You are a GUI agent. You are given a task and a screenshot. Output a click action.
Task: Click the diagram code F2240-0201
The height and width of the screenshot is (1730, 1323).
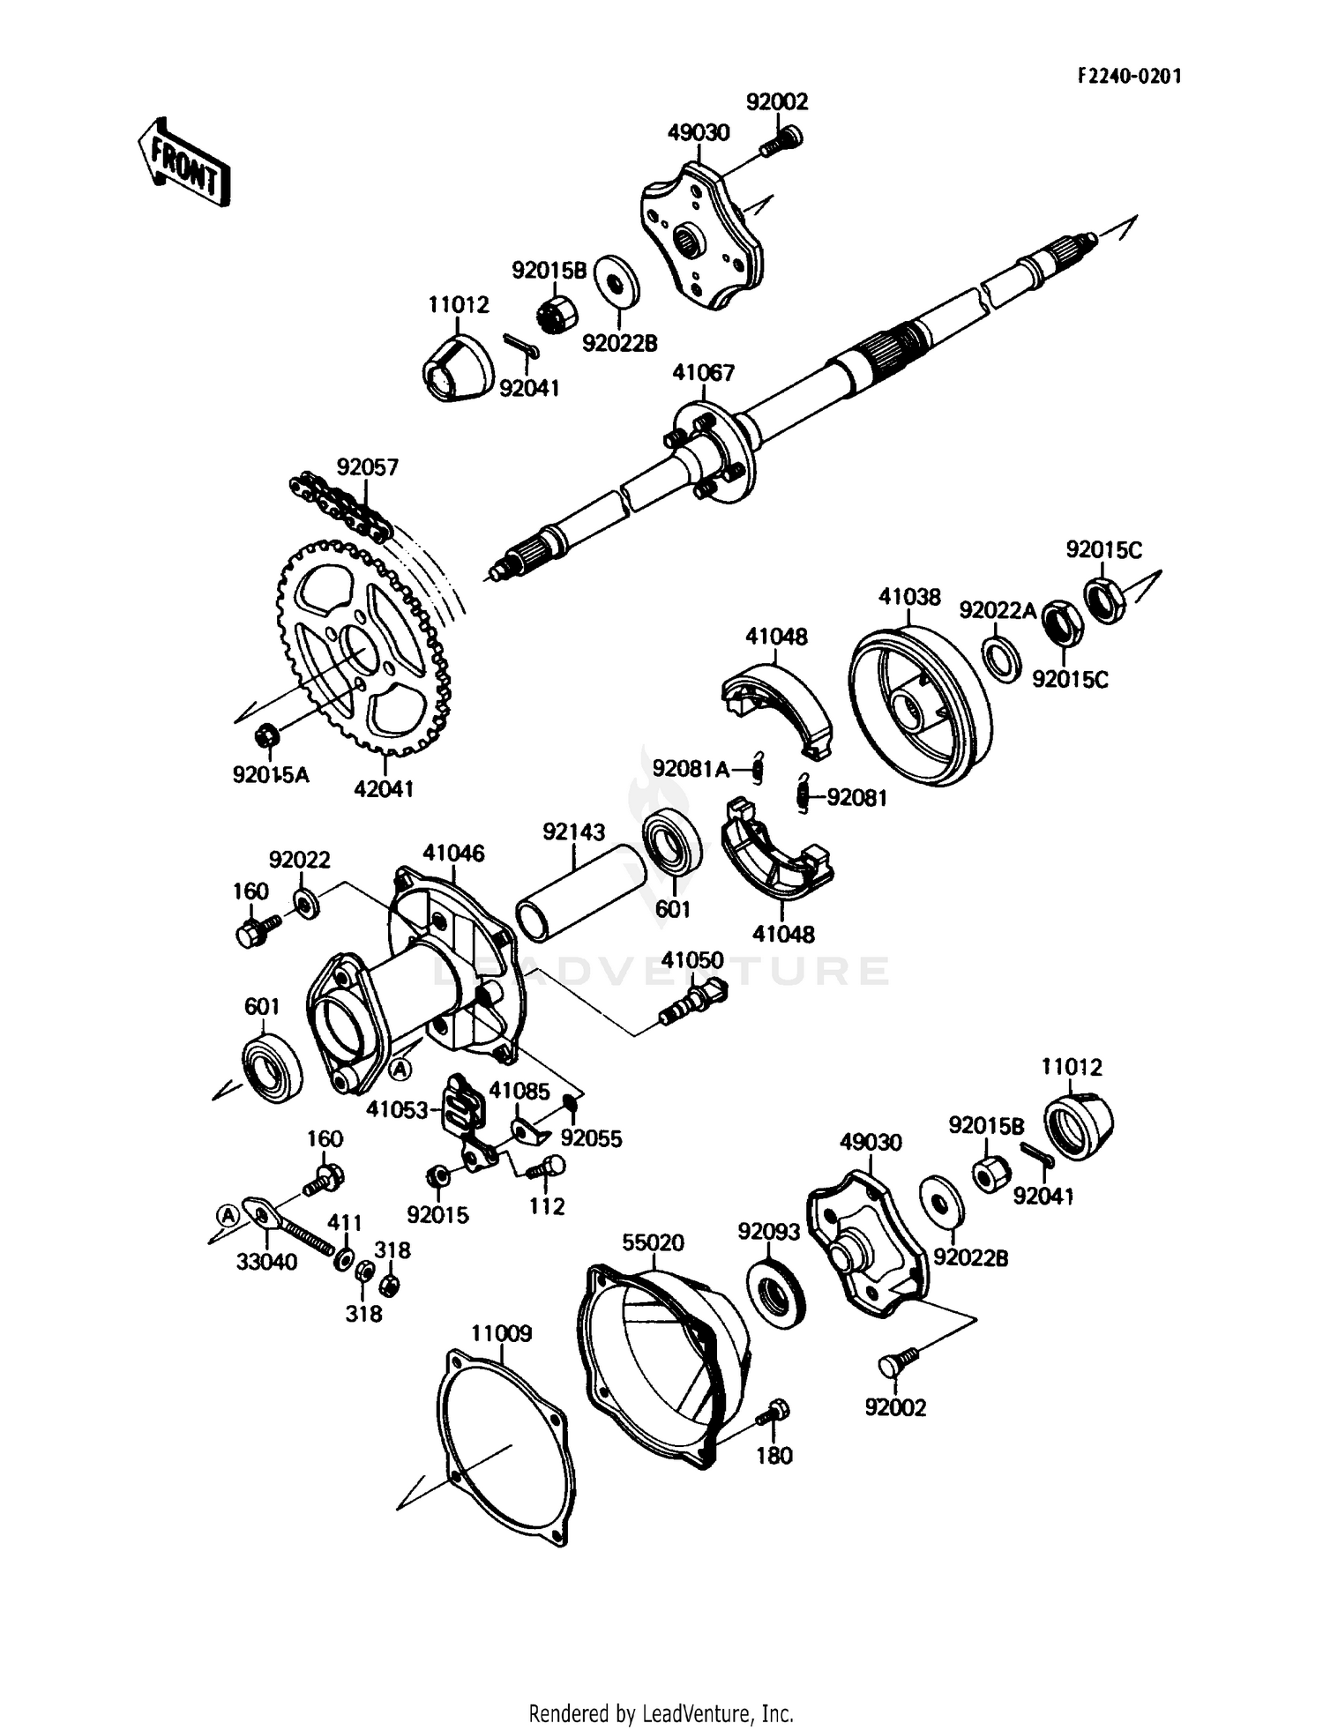click(x=1129, y=76)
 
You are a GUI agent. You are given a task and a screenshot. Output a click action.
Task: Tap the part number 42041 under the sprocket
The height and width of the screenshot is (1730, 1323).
click(x=384, y=789)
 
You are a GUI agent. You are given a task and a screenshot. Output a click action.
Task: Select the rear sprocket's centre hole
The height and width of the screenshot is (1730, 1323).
click(x=361, y=651)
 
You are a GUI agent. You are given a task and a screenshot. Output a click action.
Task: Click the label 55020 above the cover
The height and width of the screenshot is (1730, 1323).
click(x=653, y=1242)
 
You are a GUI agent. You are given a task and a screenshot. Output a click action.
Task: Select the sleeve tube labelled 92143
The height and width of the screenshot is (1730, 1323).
click(x=581, y=891)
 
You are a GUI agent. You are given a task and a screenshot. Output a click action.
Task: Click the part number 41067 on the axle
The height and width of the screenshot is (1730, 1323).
click(x=703, y=373)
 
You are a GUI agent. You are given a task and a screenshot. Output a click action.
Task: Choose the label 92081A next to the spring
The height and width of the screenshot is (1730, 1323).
click(x=691, y=770)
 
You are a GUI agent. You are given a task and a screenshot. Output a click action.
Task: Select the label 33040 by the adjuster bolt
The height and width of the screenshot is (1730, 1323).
click(x=266, y=1262)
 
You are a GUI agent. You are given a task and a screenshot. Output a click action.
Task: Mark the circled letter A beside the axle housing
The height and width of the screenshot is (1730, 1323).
click(x=400, y=1069)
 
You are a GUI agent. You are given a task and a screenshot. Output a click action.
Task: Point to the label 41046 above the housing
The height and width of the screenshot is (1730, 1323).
click(x=453, y=853)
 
